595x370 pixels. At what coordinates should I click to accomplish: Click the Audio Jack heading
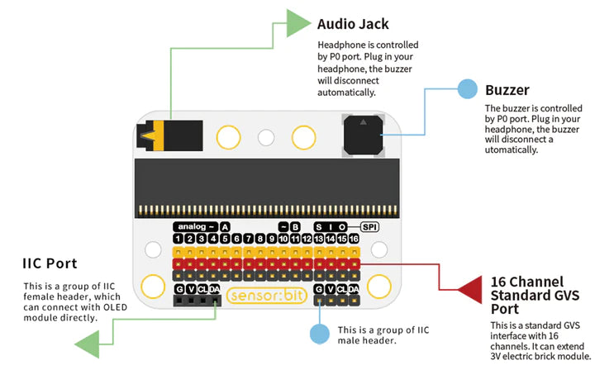(x=353, y=24)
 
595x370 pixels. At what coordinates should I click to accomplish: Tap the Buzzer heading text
(x=507, y=90)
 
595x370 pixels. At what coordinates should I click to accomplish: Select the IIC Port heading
(x=50, y=263)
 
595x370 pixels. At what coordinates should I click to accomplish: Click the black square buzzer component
(x=363, y=135)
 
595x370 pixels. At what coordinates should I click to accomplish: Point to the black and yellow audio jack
(x=169, y=135)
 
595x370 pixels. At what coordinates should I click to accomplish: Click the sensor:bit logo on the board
(x=267, y=296)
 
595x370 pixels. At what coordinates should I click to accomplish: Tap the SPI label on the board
(x=369, y=227)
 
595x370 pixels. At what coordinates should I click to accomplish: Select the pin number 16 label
(x=354, y=239)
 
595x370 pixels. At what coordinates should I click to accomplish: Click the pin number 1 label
(x=178, y=239)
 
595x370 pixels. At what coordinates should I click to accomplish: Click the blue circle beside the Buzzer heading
(x=467, y=89)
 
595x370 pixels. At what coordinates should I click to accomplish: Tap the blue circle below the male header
(x=320, y=334)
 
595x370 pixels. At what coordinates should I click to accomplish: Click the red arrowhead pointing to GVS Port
(x=469, y=290)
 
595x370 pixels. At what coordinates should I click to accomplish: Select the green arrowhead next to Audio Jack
(x=298, y=23)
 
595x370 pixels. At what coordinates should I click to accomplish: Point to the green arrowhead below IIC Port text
(x=88, y=344)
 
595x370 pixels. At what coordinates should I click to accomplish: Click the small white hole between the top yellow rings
(x=266, y=138)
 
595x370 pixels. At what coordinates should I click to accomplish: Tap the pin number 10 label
(x=283, y=239)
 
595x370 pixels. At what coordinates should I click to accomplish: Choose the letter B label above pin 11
(x=295, y=227)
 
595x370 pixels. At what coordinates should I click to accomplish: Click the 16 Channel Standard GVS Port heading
(x=535, y=296)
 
